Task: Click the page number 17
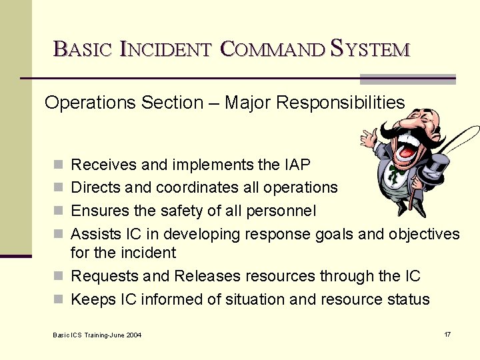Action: (x=447, y=333)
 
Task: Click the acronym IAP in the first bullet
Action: (x=297, y=164)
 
